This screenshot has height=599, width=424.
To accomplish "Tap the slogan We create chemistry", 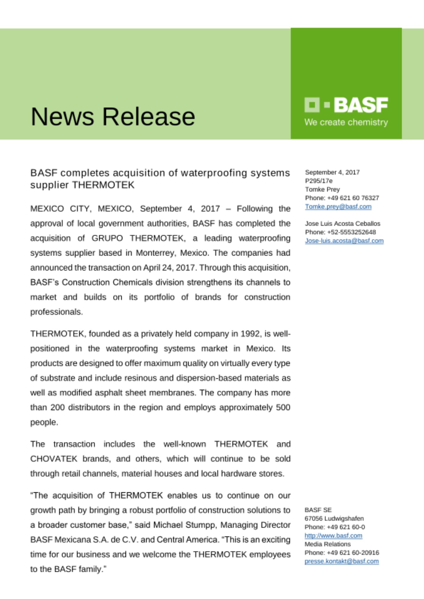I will click(346, 122).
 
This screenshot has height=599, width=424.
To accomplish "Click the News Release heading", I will click(113, 117).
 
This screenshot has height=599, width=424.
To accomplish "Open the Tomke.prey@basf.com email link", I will click(338, 207).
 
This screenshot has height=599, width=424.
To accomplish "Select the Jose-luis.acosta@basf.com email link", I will click(344, 241).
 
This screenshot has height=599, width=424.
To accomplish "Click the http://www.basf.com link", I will click(333, 536).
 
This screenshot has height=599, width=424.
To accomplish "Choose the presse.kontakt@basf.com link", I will click(342, 561).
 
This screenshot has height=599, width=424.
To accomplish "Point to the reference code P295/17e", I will click(318, 181).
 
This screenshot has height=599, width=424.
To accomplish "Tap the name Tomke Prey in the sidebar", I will click(322, 189).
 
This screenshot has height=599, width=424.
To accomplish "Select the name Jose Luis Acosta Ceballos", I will click(342, 224).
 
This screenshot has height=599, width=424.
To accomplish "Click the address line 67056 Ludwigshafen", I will click(334, 518).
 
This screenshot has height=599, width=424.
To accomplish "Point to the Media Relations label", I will click(327, 544).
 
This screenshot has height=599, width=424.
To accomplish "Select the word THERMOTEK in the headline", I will click(103, 185).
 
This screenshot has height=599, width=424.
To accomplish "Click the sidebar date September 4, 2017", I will click(332, 172).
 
